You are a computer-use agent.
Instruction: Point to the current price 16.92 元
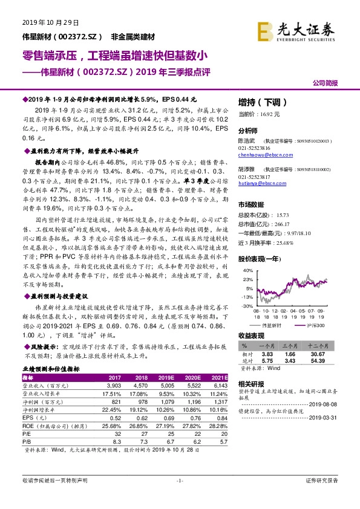click(x=267, y=114)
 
